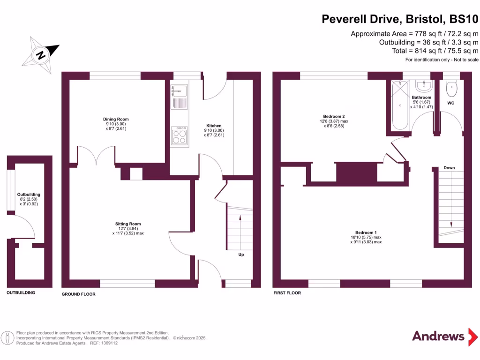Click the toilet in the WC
click(451, 87)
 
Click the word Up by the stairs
click(241, 255)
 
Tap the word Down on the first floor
click(449, 167)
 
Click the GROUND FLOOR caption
click(79, 294)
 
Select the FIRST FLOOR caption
click(287, 293)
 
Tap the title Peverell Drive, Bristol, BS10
click(400, 19)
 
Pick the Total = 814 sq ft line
click(428, 51)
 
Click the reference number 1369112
click(108, 343)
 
